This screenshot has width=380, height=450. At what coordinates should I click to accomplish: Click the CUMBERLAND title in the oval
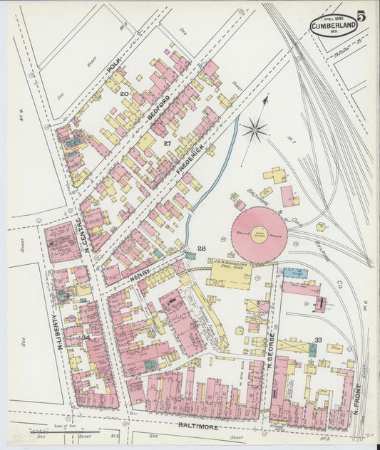coord(333,27)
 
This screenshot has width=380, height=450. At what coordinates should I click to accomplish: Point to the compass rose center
coord(255,130)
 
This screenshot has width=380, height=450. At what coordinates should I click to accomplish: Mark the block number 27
coord(168,143)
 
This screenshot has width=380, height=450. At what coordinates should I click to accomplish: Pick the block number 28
coord(202,248)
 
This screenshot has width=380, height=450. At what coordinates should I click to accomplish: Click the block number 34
coord(86,337)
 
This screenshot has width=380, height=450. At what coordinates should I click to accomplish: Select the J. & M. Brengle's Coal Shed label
coord(230,266)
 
